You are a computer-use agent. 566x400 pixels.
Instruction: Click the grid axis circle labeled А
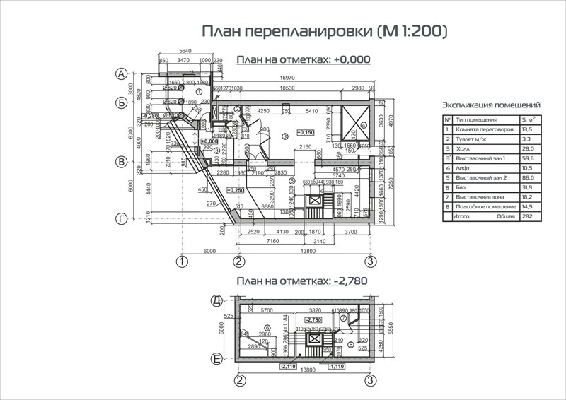[122, 73]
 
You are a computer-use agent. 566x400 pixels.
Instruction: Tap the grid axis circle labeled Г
[122, 220]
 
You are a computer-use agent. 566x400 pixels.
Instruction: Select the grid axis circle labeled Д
[218, 300]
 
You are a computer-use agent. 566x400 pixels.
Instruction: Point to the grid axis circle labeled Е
[218, 360]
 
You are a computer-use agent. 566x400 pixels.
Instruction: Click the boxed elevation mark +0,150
[306, 132]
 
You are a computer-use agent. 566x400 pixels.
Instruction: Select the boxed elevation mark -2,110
[288, 366]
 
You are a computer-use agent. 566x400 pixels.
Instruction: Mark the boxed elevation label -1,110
[337, 366]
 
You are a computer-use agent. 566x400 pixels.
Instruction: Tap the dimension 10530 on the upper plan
[287, 88]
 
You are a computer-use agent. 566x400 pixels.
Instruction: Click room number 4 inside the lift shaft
[364, 125]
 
